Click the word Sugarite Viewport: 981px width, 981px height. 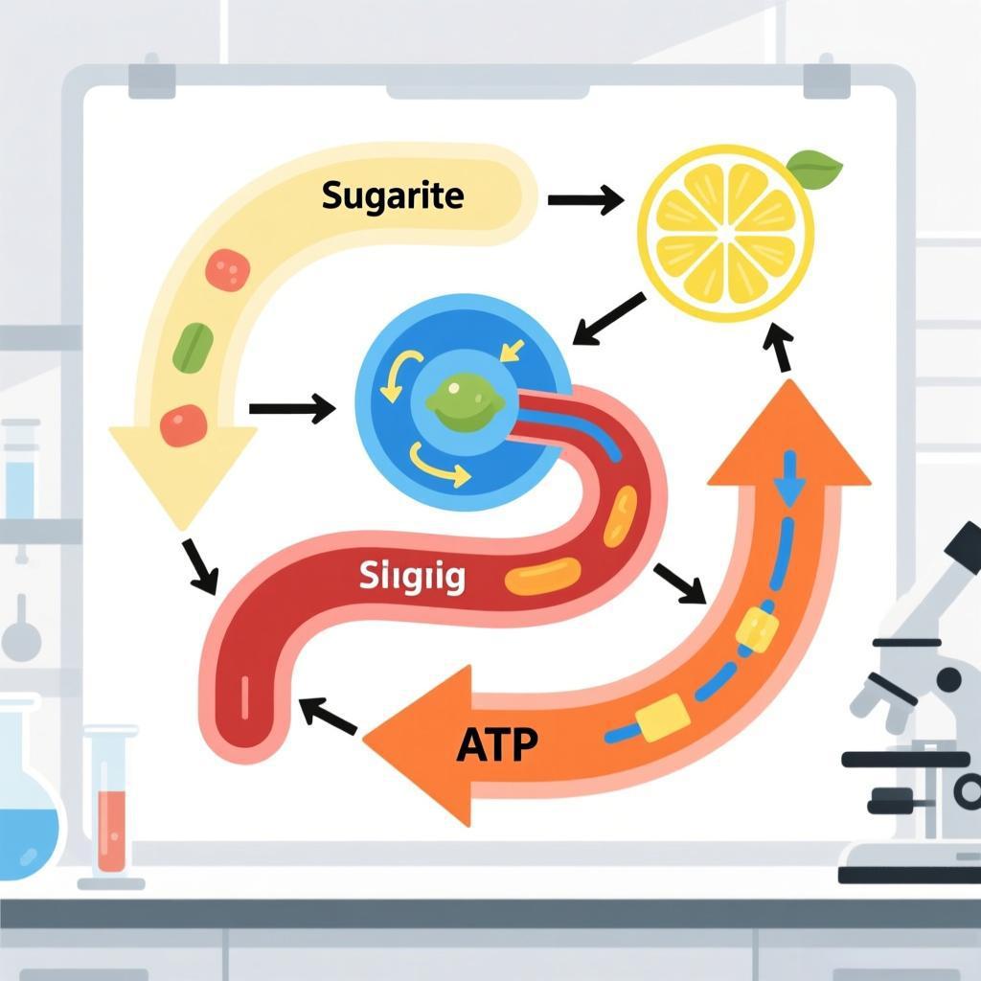tap(393, 196)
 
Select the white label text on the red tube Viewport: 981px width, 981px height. tap(413, 577)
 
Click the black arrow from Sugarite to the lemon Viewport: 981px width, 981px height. tap(584, 200)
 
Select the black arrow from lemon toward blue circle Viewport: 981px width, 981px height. tap(608, 318)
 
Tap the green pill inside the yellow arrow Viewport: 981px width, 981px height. tap(192, 346)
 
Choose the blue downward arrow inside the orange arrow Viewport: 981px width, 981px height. tap(788, 479)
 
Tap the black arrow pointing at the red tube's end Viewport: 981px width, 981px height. tap(328, 715)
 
